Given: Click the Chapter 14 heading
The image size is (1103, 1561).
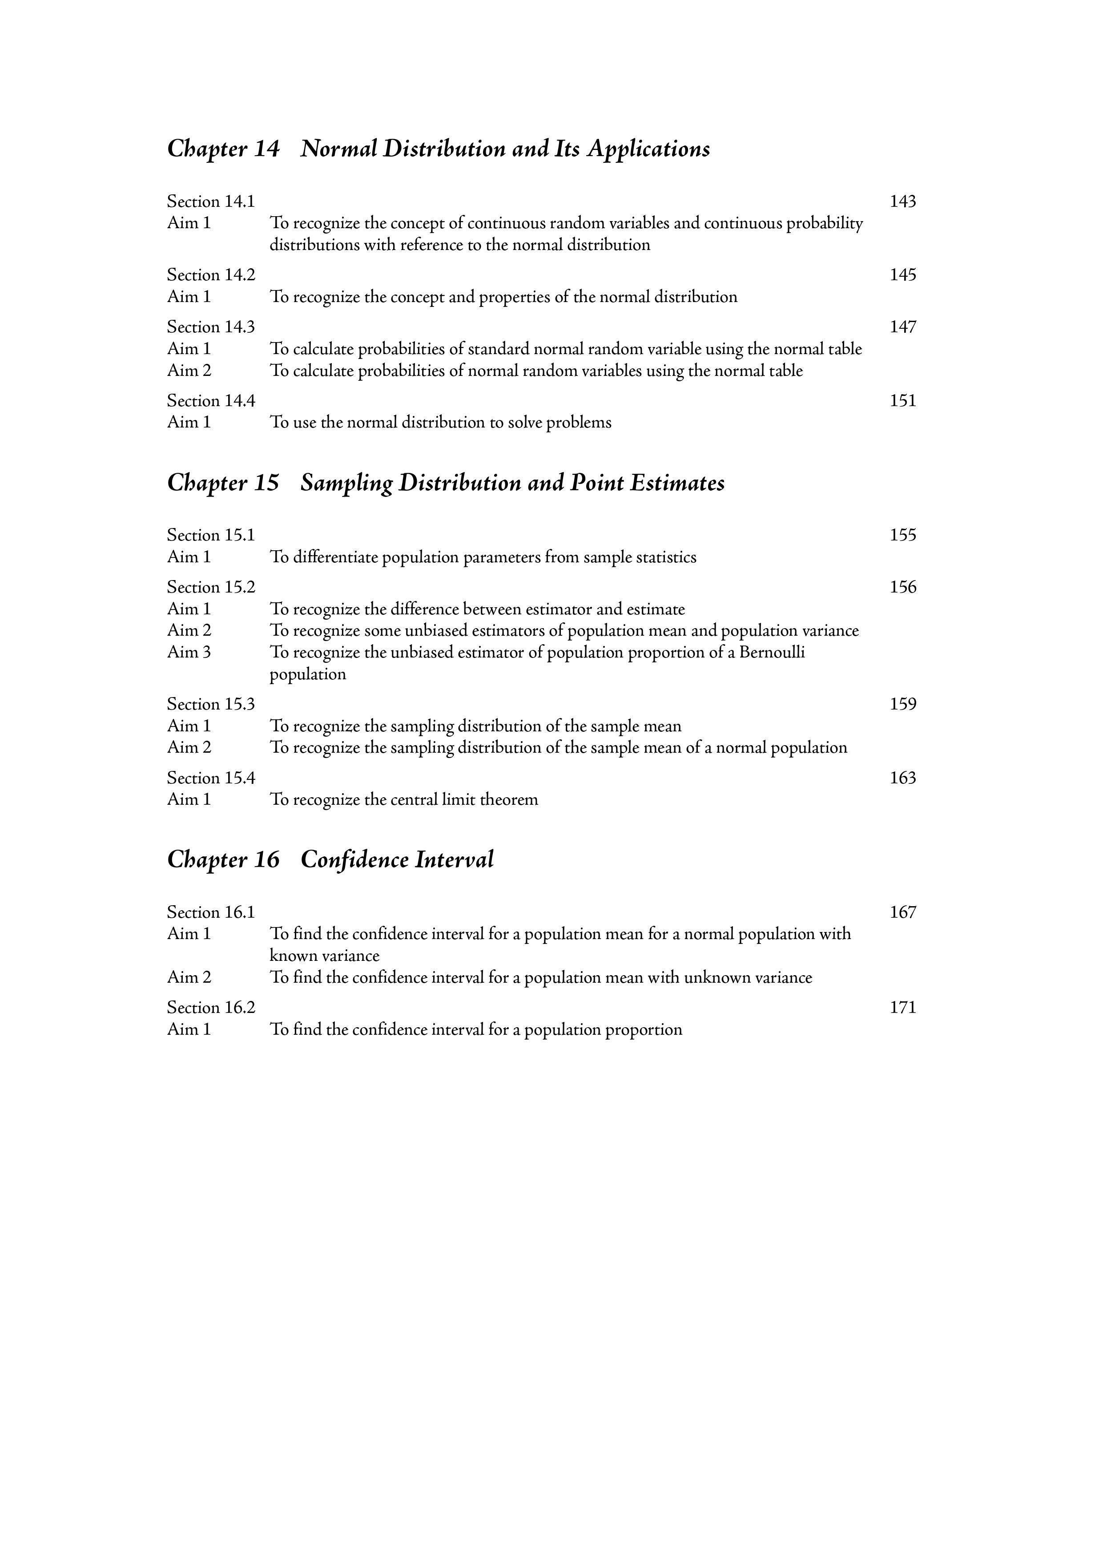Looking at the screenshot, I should click(439, 149).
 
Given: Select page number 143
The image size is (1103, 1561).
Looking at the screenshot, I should click(902, 202).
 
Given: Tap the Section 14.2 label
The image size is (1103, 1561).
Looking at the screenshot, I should click(211, 275).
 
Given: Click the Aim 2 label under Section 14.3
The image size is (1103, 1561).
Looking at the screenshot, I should click(189, 371).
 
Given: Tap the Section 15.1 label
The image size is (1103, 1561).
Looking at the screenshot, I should click(211, 536).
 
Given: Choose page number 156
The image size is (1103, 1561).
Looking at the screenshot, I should click(902, 587).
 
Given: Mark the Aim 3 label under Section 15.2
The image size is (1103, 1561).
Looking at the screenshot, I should click(189, 653).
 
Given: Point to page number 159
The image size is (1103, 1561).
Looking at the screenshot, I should click(902, 704).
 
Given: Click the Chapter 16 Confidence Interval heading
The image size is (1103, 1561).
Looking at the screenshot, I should click(330, 860).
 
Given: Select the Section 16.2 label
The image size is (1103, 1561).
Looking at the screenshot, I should click(211, 1008).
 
